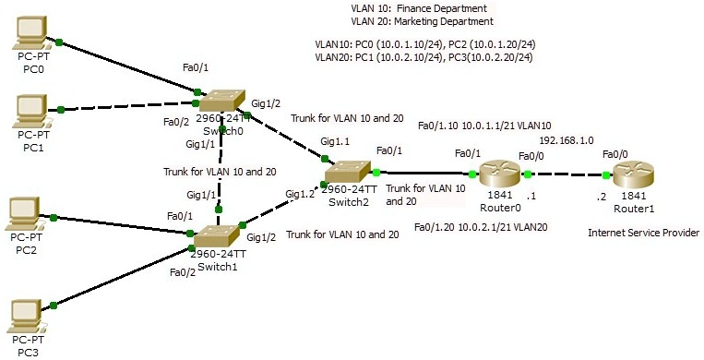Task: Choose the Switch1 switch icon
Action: click(218, 235)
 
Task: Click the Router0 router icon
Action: click(498, 174)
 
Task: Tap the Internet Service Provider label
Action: click(643, 233)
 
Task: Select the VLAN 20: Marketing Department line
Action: click(422, 20)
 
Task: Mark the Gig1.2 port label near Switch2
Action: click(300, 194)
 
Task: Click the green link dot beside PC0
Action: click(59, 42)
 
